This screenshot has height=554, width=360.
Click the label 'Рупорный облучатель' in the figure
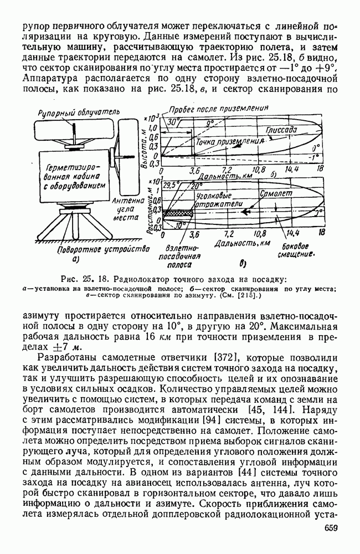click(78, 111)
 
